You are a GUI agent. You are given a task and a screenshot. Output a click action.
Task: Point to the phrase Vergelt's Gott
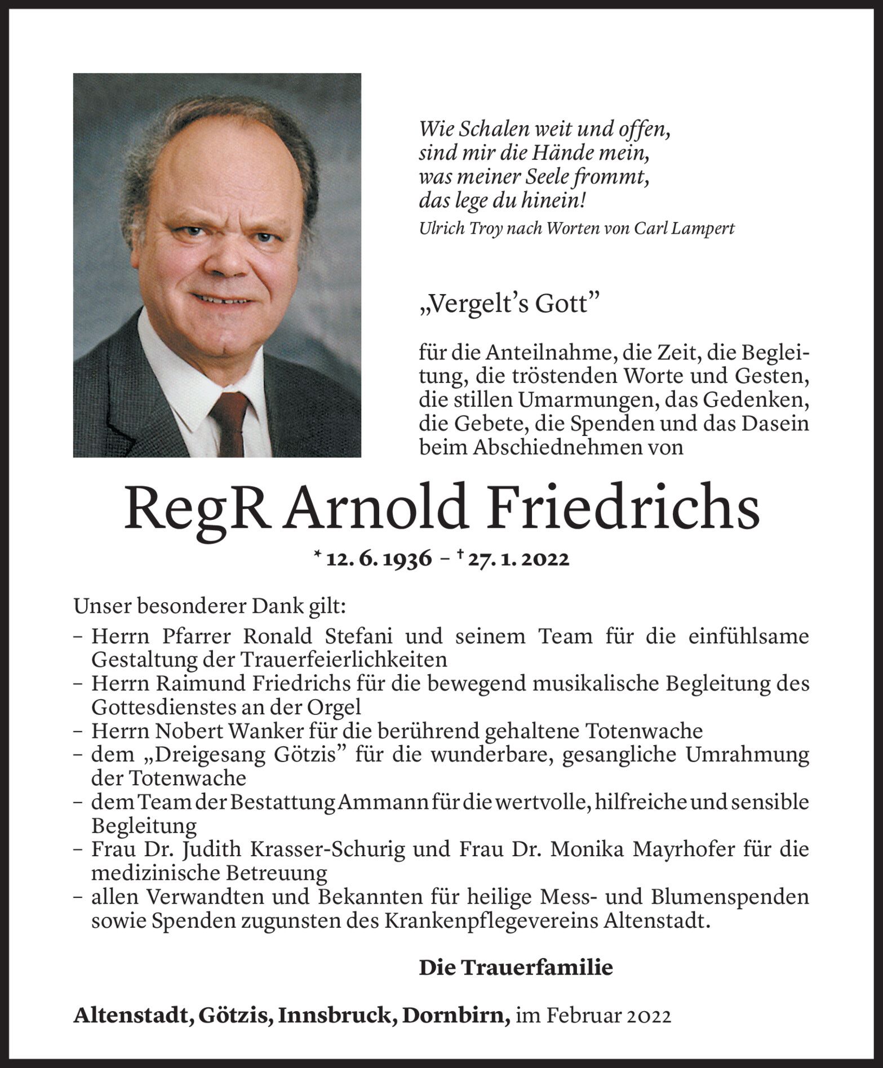508,305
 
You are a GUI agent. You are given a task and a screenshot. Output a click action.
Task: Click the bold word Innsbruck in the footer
334,1016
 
